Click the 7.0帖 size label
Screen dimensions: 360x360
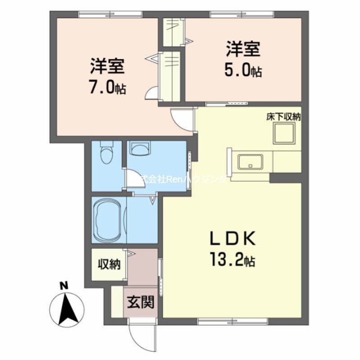click(x=107, y=87)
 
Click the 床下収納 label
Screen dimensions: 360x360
click(x=283, y=117)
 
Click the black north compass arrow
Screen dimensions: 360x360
click(x=67, y=309)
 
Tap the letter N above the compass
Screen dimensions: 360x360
click(x=64, y=285)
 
